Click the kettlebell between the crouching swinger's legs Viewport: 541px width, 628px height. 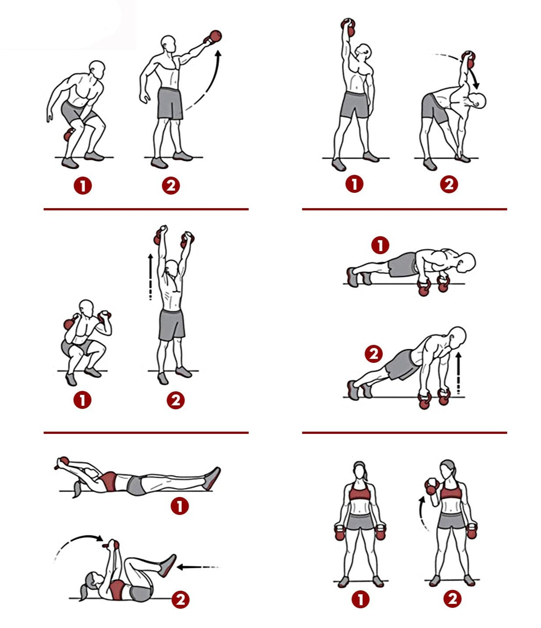69,134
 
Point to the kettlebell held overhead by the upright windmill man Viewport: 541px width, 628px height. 348,27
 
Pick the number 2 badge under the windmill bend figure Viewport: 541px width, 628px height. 449,184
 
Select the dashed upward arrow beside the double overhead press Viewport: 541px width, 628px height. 150,277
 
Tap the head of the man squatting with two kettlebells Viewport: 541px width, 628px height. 86,309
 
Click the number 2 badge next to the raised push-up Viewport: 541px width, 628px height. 374,354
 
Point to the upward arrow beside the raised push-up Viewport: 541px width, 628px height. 459,373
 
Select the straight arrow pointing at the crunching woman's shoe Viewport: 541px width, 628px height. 198,567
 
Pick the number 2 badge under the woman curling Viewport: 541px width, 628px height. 453,599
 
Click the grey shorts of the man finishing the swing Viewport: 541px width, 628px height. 170,103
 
